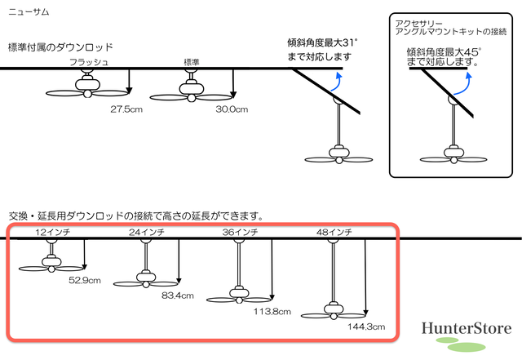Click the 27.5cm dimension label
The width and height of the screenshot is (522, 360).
[126, 109]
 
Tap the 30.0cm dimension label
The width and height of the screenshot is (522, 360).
[232, 109]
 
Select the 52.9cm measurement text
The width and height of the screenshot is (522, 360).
[85, 280]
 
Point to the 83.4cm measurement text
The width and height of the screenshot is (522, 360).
[178, 296]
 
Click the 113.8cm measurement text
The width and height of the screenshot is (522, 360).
[272, 312]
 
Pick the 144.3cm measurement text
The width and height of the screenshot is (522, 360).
[366, 327]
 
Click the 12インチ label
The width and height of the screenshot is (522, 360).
[52, 232]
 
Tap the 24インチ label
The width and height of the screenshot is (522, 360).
[147, 232]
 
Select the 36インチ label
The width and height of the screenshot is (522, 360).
[240, 232]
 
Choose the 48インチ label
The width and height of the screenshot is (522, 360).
[334, 232]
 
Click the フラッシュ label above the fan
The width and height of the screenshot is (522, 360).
[89, 62]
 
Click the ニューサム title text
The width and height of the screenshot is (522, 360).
[29, 12]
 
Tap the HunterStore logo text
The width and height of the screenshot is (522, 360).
[467, 328]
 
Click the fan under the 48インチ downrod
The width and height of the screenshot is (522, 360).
[334, 311]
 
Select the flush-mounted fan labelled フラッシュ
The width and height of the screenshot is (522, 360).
[87, 87]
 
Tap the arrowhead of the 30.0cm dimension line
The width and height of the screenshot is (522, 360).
[233, 95]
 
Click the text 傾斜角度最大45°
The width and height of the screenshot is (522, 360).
[444, 52]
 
